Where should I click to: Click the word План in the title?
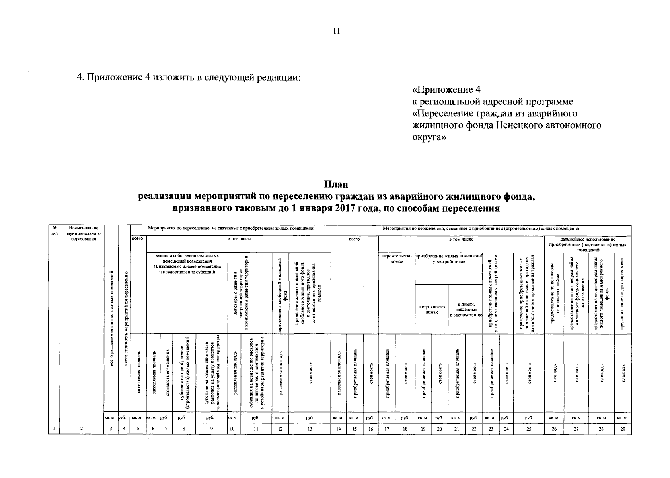[x=335, y=184]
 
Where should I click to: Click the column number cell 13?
[x=310, y=429]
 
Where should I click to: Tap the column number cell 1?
[x=54, y=429]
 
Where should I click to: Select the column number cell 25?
[x=528, y=429]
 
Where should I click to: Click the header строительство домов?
[x=397, y=259]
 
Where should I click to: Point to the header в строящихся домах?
[x=432, y=310]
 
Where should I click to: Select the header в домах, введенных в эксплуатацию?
[x=465, y=310]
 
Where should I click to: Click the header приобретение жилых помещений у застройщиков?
[x=448, y=259]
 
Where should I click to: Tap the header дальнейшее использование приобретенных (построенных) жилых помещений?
[x=587, y=244]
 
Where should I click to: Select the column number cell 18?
[x=405, y=429]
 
